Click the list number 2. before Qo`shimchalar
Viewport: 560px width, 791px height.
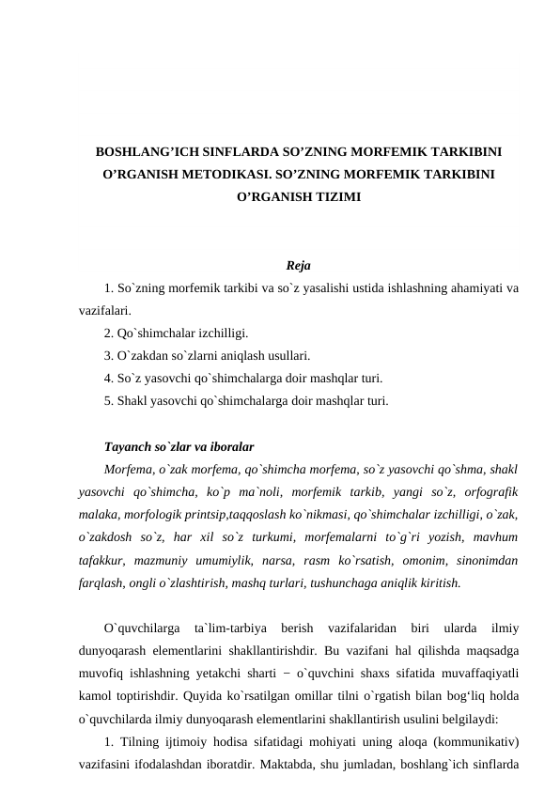point(110,333)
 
